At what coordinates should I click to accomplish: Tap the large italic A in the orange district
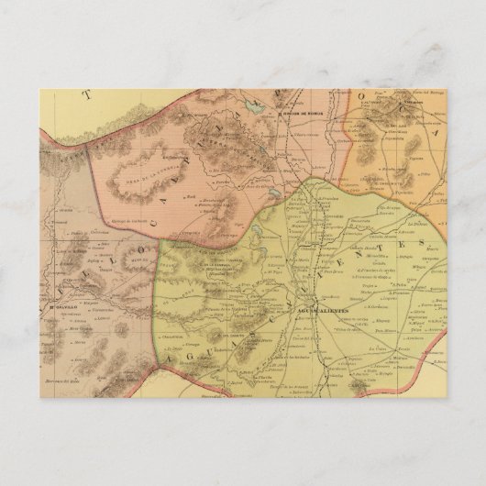[x=432, y=182]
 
